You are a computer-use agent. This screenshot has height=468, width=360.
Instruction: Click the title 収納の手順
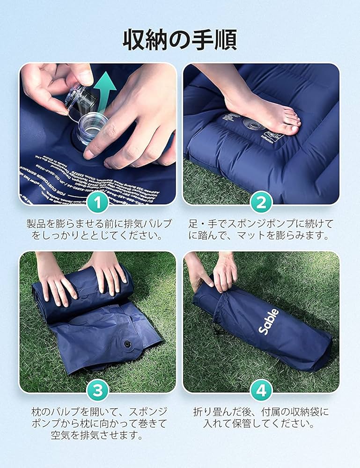(x=180, y=40)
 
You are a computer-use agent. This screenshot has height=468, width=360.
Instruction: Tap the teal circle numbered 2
(x=261, y=203)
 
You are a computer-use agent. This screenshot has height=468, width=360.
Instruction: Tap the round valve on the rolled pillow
(x=127, y=344)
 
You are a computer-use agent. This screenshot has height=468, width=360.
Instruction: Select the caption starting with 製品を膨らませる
(x=98, y=229)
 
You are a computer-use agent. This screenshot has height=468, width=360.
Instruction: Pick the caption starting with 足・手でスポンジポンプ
(x=261, y=229)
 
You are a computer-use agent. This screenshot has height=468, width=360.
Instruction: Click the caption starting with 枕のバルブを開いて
(x=98, y=424)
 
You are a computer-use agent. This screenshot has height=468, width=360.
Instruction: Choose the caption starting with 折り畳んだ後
(x=261, y=418)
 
